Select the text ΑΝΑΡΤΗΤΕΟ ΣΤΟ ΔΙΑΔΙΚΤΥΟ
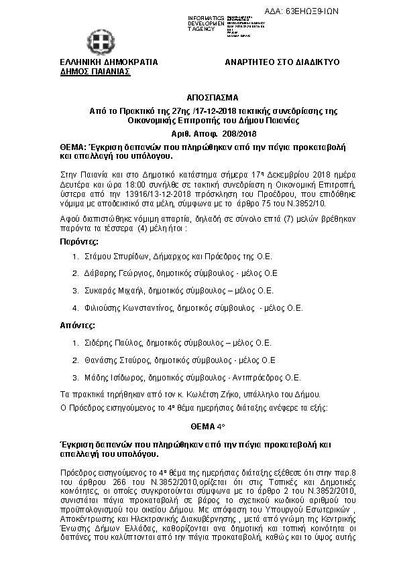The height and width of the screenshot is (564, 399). coord(282,62)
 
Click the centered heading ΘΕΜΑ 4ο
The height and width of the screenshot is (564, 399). coord(199,427)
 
